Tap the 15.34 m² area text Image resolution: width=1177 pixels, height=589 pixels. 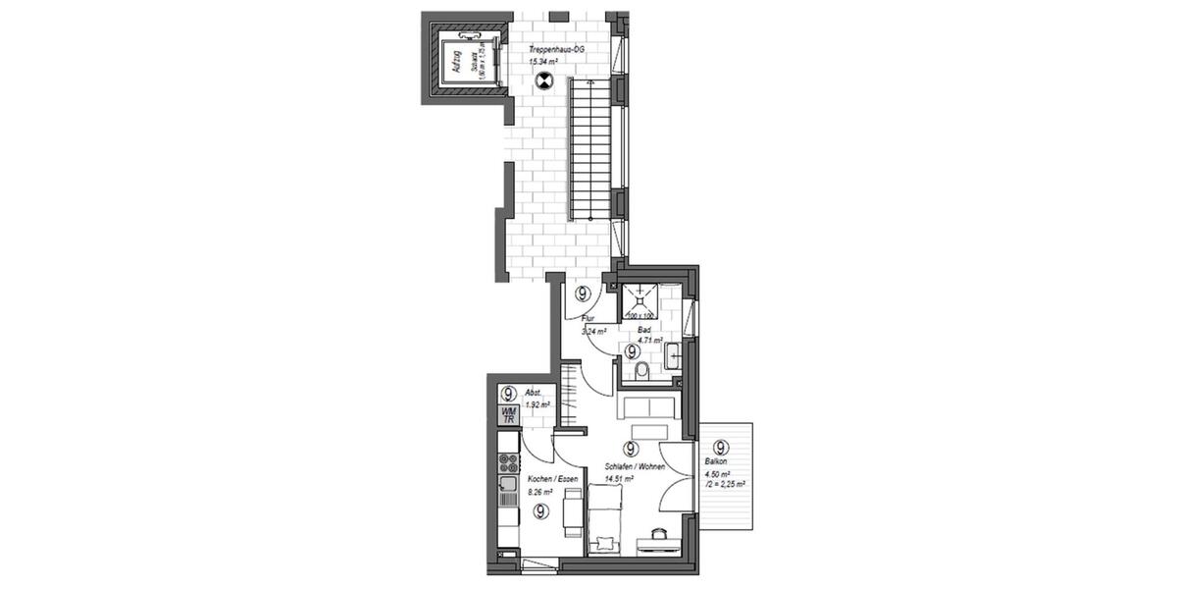542,62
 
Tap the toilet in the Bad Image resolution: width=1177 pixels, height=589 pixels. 641,370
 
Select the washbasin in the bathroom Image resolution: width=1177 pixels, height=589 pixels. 674,355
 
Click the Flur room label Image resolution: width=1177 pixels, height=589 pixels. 588,319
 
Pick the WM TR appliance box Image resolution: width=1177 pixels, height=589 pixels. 508,415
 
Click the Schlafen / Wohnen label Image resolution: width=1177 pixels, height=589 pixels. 635,467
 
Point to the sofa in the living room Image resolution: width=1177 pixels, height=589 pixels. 645,406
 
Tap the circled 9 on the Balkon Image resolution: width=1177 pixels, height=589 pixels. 723,447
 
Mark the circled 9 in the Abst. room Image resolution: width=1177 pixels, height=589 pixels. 509,394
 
